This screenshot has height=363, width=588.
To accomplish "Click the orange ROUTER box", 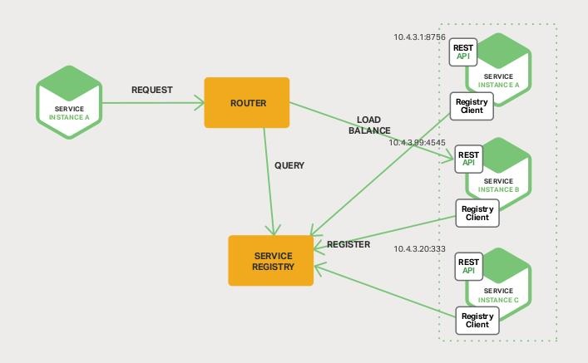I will pyautogui.click(x=247, y=102).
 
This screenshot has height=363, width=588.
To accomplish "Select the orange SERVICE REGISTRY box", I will pyautogui.click(x=271, y=260).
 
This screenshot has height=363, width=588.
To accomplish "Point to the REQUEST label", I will pyautogui.click(x=152, y=89).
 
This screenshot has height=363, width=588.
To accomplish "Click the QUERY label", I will pyautogui.click(x=289, y=165).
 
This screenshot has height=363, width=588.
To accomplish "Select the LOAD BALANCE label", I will pyautogui.click(x=369, y=125).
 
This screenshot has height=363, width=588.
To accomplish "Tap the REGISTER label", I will pyautogui.click(x=348, y=245).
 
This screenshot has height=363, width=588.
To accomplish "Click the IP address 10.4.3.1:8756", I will pyautogui.click(x=420, y=37).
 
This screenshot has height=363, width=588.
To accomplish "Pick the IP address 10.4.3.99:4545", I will pyautogui.click(x=418, y=142).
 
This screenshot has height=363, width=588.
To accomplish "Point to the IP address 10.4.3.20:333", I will pyautogui.click(x=419, y=248).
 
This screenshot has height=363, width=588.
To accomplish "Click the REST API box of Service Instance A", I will pyautogui.click(x=463, y=52).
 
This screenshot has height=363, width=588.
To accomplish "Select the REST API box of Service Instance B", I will pyautogui.click(x=469, y=158).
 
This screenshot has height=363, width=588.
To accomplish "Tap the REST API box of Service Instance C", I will pyautogui.click(x=469, y=266).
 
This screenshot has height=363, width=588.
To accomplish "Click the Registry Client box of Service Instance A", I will pyautogui.click(x=472, y=105).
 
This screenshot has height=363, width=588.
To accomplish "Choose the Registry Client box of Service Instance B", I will pyautogui.click(x=477, y=213).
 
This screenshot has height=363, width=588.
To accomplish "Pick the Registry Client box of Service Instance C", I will pyautogui.click(x=477, y=320).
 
